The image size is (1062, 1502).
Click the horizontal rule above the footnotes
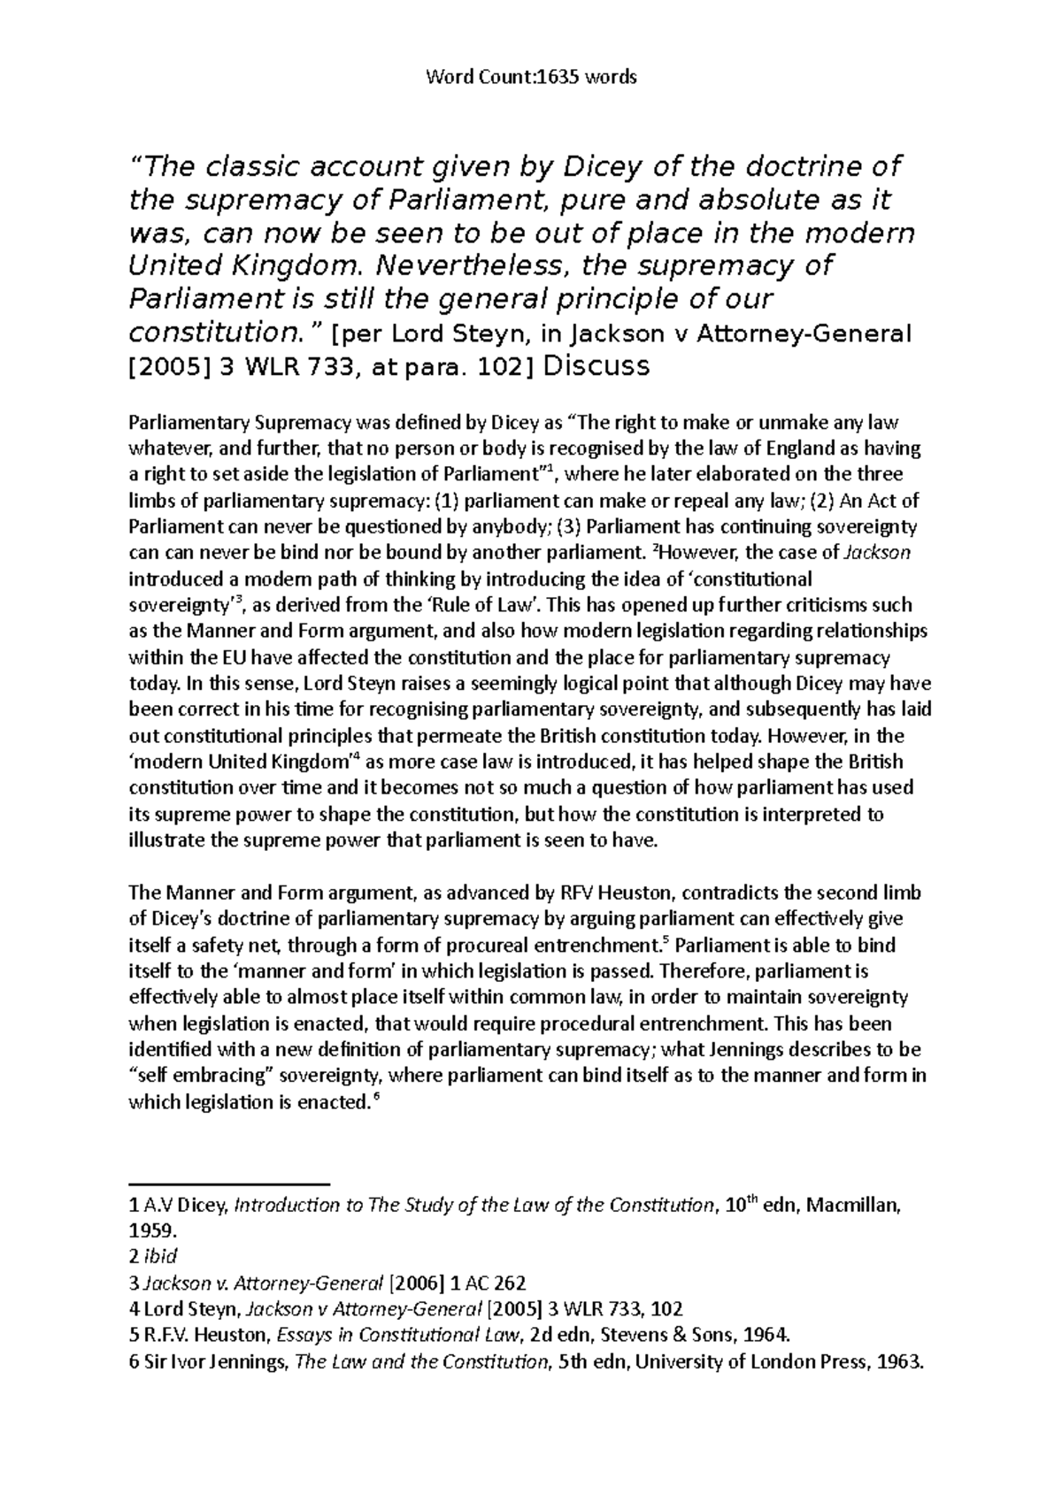coord(228,1183)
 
